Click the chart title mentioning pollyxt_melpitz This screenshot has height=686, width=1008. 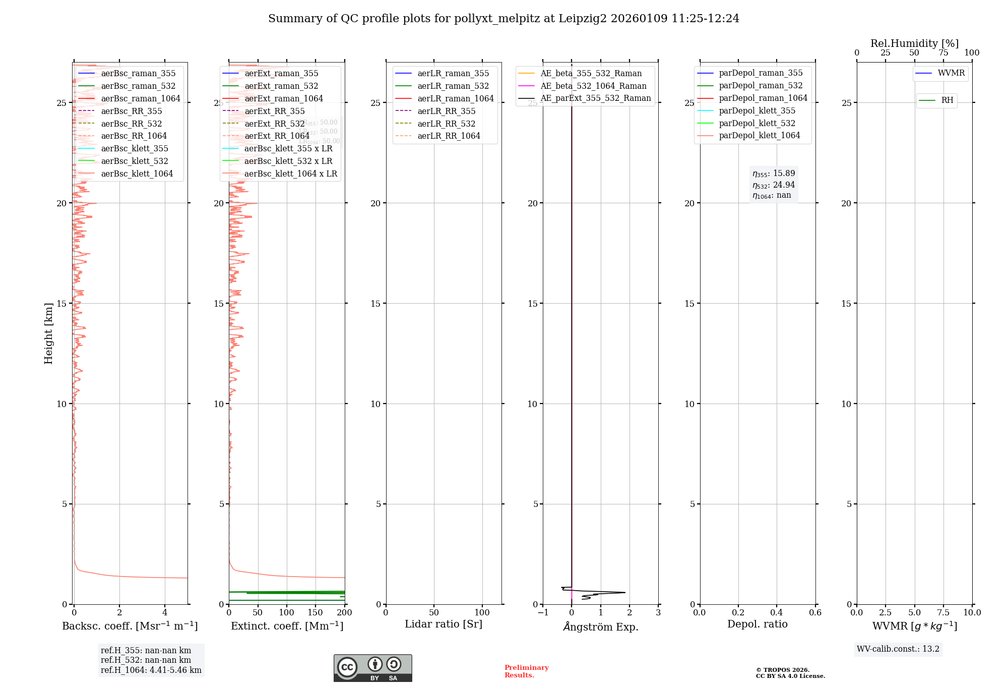pos(503,19)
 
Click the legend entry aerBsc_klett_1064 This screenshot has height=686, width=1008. pos(137,174)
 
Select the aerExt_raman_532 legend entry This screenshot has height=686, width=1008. pos(281,86)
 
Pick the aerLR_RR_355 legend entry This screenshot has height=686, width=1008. pos(446,111)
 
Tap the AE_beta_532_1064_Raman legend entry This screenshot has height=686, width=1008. pos(593,86)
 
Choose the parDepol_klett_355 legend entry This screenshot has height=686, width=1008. pos(757,110)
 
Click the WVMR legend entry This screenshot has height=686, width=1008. pos(951,73)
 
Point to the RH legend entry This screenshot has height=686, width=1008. pos(947,100)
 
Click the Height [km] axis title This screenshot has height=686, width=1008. pos(48,333)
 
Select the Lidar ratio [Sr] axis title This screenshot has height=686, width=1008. pos(443,624)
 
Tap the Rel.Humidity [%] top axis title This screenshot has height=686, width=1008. pos(914,43)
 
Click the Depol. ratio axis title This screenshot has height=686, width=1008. pos(757,624)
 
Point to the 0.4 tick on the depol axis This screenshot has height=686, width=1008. pos(777,612)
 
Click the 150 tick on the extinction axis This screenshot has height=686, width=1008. pos(316,612)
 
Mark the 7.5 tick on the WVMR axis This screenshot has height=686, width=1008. pos(943,612)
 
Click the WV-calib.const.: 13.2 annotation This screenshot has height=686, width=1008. pos(898,649)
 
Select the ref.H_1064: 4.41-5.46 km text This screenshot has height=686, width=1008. pos(151,670)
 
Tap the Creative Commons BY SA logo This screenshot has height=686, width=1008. pos(372,668)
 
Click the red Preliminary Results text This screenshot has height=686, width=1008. pos(526,671)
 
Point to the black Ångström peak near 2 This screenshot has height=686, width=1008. pos(624,592)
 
